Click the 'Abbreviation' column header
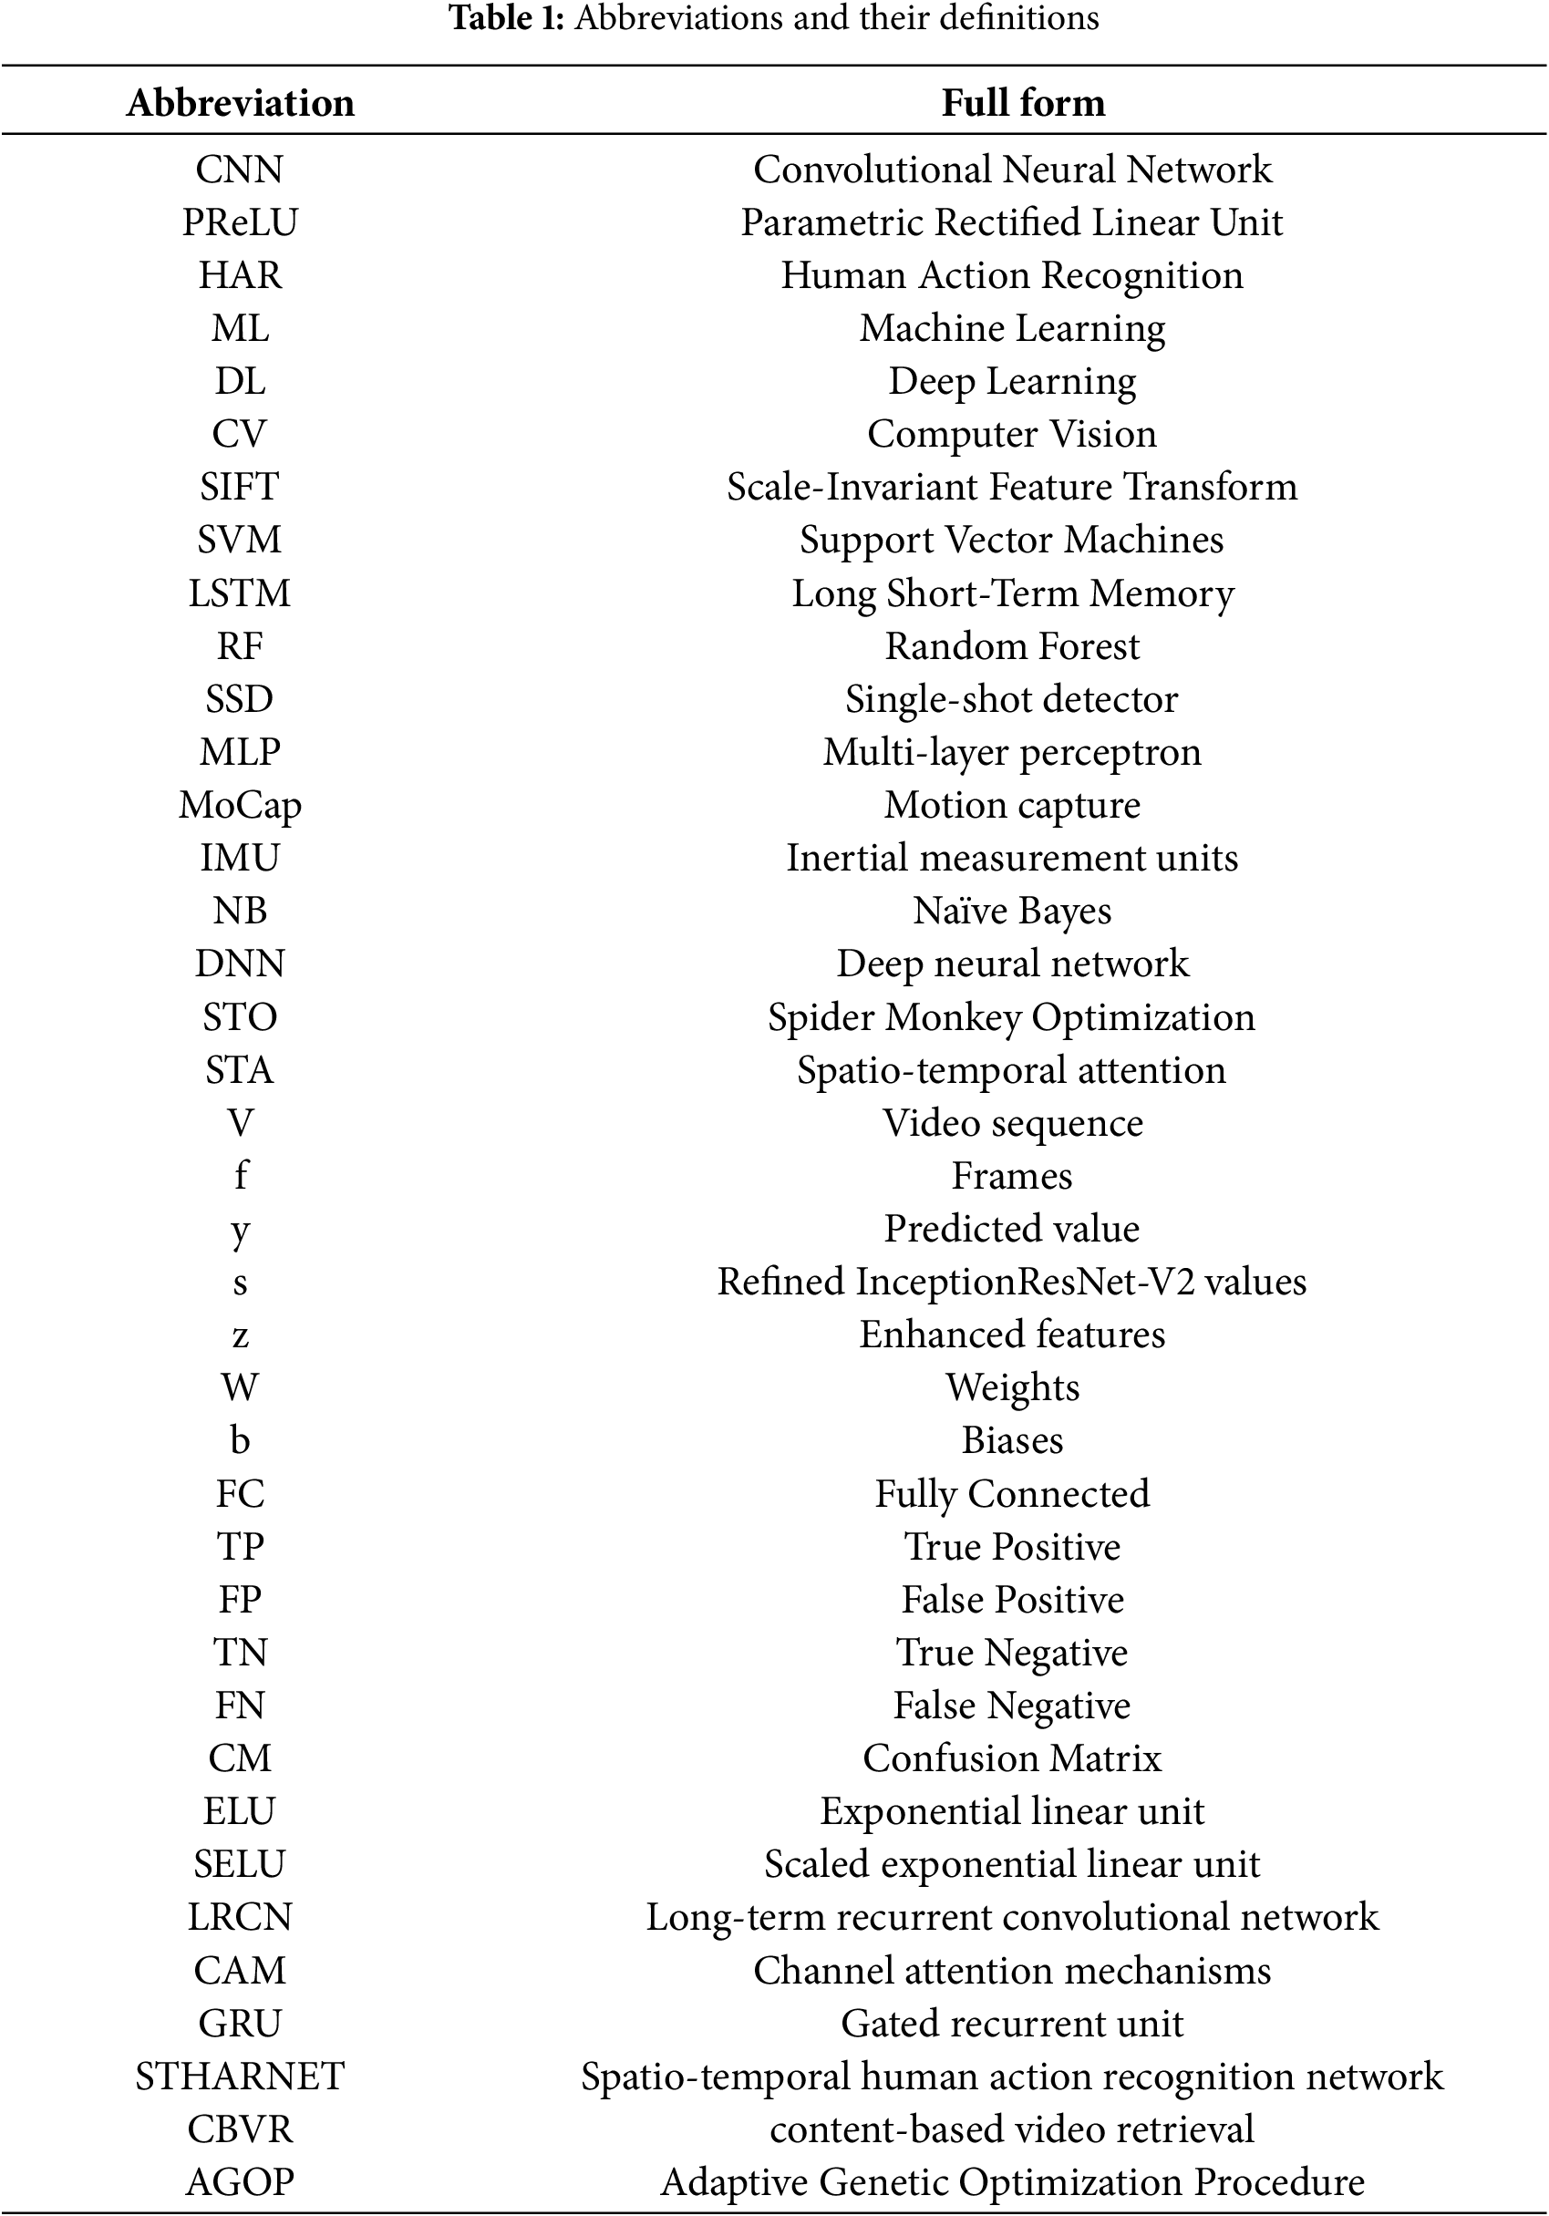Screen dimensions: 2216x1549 pyautogui.click(x=241, y=102)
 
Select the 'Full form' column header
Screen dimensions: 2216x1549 pyautogui.click(x=1023, y=102)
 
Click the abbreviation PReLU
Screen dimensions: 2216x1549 pyautogui.click(x=241, y=222)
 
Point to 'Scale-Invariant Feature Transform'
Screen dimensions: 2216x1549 pyautogui.click(x=1011, y=487)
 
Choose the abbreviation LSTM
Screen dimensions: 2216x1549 pyautogui.click(x=240, y=593)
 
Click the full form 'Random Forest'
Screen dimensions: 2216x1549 pyautogui.click(x=1012, y=645)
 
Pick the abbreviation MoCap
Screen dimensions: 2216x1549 pyautogui.click(x=241, y=805)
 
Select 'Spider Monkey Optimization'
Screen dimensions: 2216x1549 pyautogui.click(x=1011, y=1016)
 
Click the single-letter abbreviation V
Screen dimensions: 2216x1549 pyautogui.click(x=241, y=1122)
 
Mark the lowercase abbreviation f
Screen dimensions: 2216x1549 pyautogui.click(x=241, y=1175)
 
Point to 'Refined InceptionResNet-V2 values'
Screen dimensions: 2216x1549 pyautogui.click(x=1011, y=1281)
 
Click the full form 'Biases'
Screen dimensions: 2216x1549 pyautogui.click(x=1012, y=1440)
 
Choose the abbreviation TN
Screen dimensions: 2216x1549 pyautogui.click(x=241, y=1652)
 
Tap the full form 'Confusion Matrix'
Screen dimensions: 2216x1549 pyautogui.click(x=1011, y=1757)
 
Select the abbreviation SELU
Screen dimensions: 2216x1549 pyautogui.click(x=240, y=1864)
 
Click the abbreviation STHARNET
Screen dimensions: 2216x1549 pyautogui.click(x=241, y=2075)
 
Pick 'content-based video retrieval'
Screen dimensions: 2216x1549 pyautogui.click(x=1011, y=2128)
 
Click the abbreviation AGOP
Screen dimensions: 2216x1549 pyautogui.click(x=241, y=2181)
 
